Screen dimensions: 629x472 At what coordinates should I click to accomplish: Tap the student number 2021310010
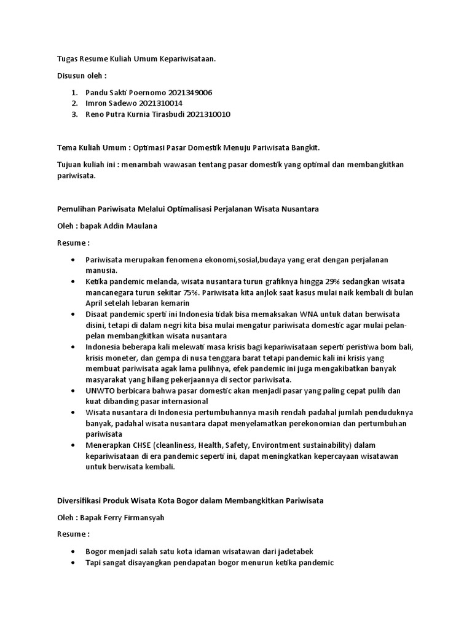pos(208,114)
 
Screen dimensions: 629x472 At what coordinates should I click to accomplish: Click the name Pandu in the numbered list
pos(97,92)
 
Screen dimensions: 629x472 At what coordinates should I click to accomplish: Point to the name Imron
pos(97,103)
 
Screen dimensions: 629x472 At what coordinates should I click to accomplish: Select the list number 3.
pos(75,114)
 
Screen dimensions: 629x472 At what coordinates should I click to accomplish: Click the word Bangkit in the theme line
pos(303,148)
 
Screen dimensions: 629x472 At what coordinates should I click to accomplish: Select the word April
pos(95,303)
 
